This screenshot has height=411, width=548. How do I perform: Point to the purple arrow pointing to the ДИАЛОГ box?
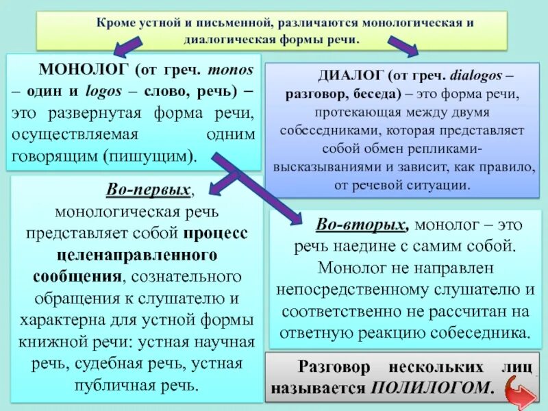coord(404,49)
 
